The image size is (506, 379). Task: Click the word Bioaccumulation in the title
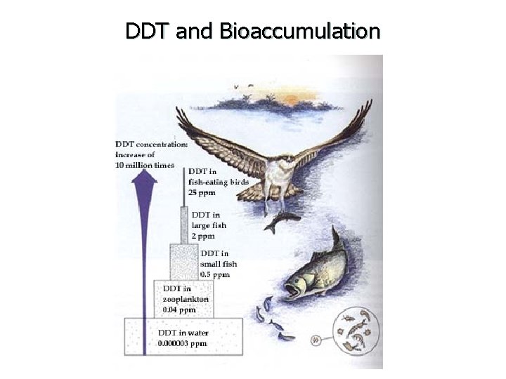pyautogui.click(x=299, y=32)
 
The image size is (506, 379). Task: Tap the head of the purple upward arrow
pyautogui.click(x=144, y=180)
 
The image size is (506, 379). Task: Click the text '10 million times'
pyautogui.click(x=145, y=165)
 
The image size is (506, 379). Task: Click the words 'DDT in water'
pyautogui.click(x=183, y=333)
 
